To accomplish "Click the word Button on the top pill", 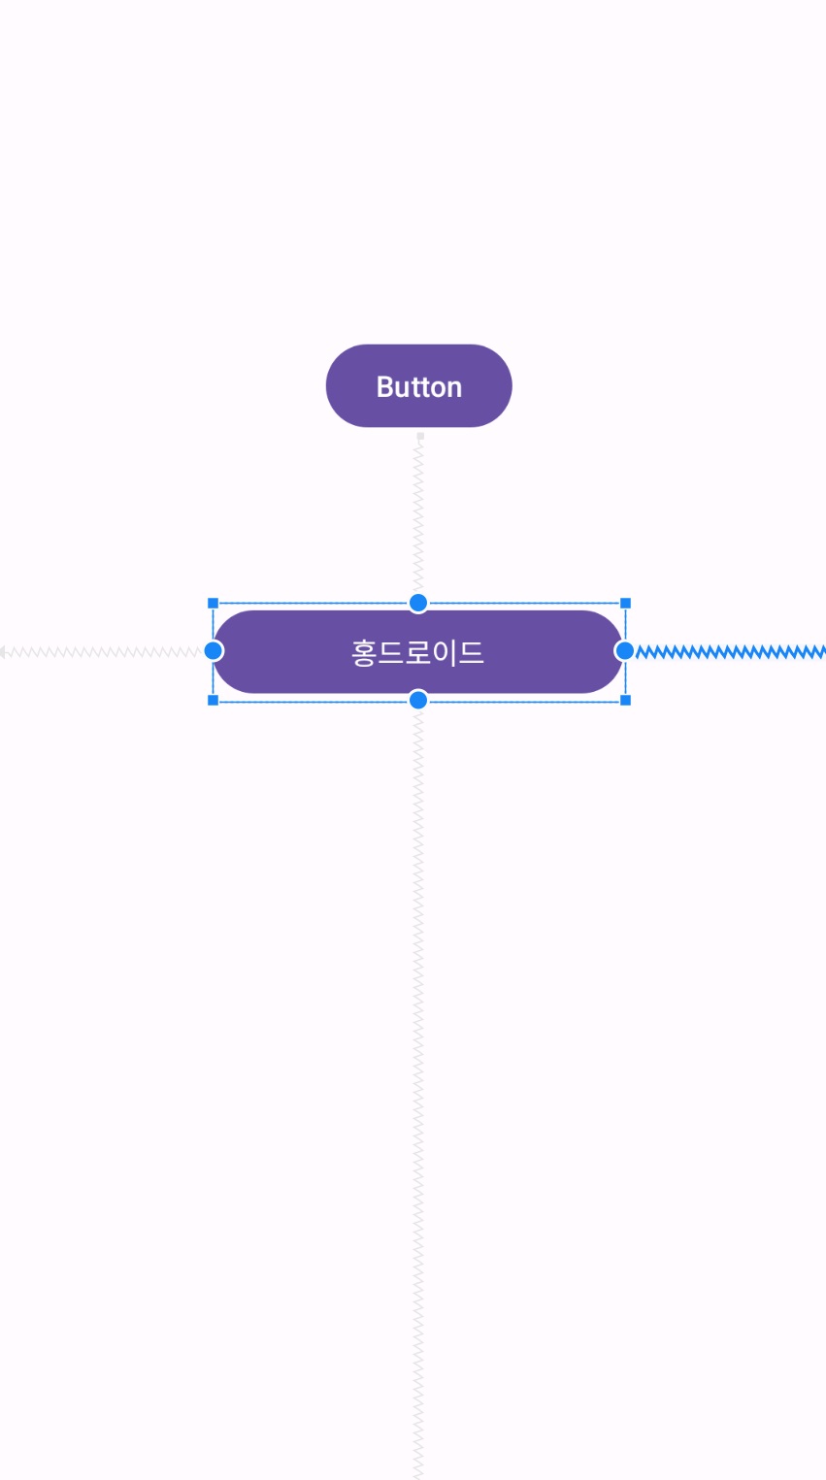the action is coord(419,387).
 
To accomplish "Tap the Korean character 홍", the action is coord(363,652).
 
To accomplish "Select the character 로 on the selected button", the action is coord(418,652).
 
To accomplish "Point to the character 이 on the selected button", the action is coord(444,652).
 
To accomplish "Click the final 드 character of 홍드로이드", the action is coord(471,652).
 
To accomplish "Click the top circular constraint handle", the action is coord(418,603).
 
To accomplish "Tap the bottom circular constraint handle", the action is coord(418,700).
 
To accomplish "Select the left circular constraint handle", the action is coord(214,650).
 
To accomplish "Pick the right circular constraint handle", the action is coord(625,650).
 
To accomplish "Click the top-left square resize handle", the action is coord(214,604).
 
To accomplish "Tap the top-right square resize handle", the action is coord(625,604).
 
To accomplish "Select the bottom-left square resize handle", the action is coord(214,700).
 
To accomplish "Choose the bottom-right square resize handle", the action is coord(625,700).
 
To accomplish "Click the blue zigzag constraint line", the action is coord(728,651).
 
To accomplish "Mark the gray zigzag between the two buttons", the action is coord(419,514).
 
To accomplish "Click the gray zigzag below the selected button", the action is coord(419,1068).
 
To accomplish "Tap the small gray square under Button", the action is coord(420,437).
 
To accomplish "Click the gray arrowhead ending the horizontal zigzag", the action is coord(4,652).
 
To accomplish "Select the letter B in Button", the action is coord(384,387).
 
